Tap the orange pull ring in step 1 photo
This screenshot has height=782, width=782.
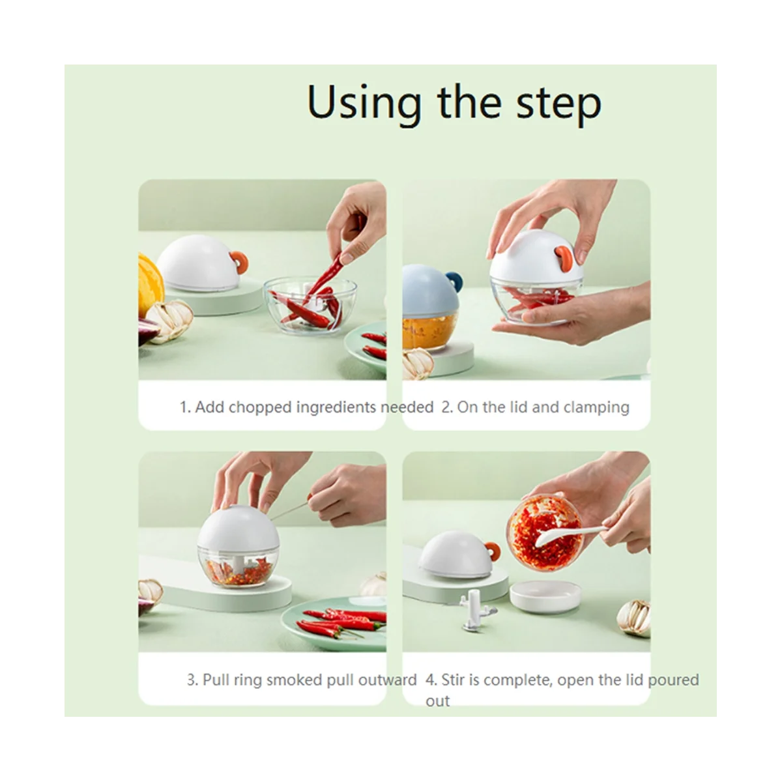click(x=239, y=262)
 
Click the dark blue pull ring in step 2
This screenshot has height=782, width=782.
click(x=456, y=281)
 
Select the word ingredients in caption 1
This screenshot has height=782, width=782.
click(x=336, y=407)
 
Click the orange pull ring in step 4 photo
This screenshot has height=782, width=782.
click(x=492, y=551)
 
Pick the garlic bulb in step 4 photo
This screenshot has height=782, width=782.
click(x=634, y=618)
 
